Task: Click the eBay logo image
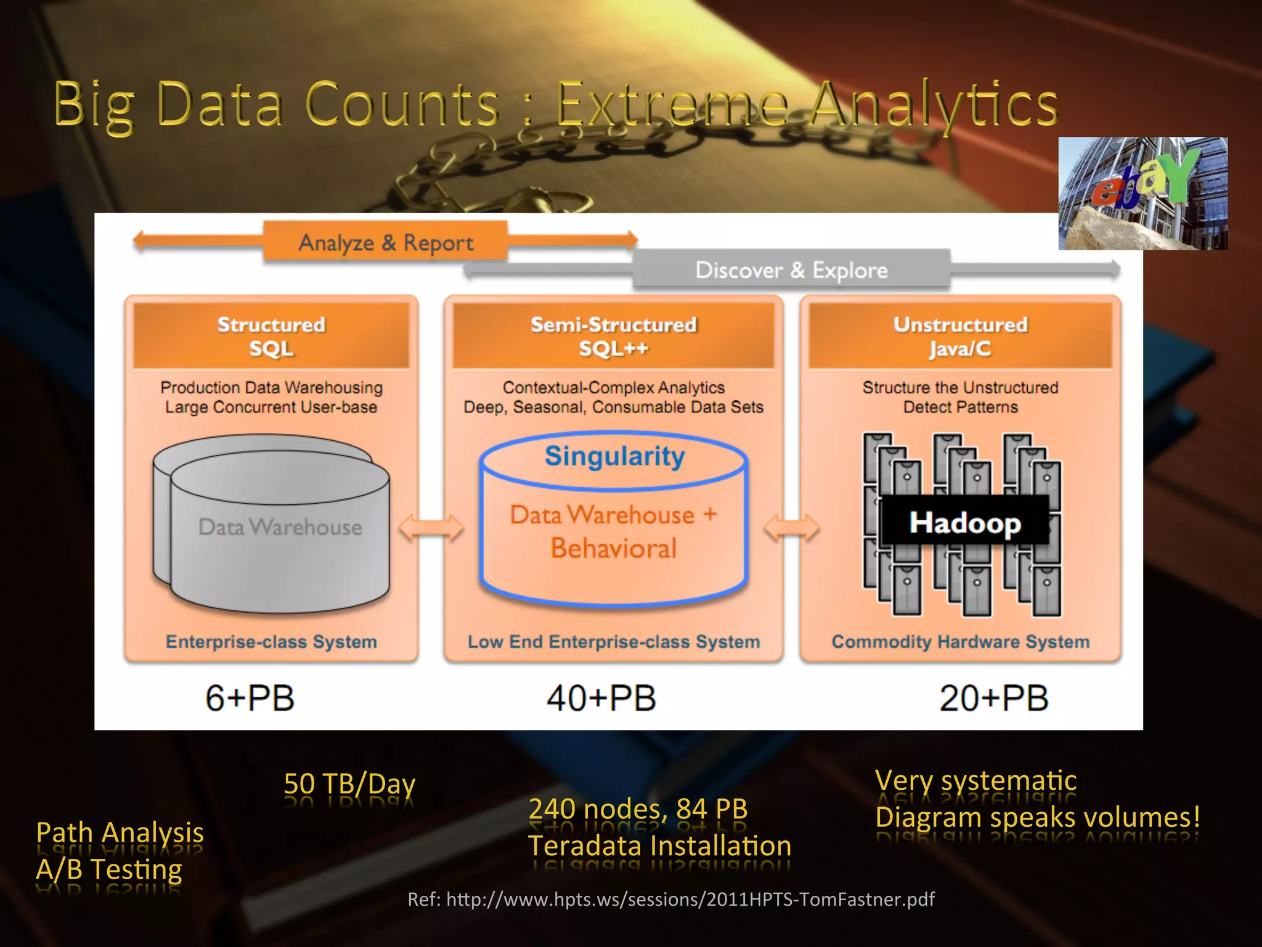pyautogui.click(x=1142, y=193)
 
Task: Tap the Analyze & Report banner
pyautogui.click(x=386, y=242)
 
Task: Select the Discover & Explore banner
pyautogui.click(x=791, y=270)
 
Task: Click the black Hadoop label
pyautogui.click(x=965, y=522)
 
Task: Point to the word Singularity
pyautogui.click(x=614, y=456)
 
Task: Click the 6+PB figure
pyautogui.click(x=250, y=698)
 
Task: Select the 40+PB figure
pyautogui.click(x=601, y=698)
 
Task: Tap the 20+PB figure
pyautogui.click(x=993, y=698)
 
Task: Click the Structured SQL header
pyautogui.click(x=271, y=336)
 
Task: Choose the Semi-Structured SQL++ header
pyautogui.click(x=613, y=336)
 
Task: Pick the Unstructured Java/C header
pyautogui.click(x=960, y=336)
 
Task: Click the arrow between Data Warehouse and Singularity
pyautogui.click(x=431, y=528)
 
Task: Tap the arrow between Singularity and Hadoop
pyautogui.click(x=791, y=528)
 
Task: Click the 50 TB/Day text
pyautogui.click(x=349, y=784)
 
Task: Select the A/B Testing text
pyautogui.click(x=109, y=869)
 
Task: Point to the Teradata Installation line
pyautogui.click(x=659, y=846)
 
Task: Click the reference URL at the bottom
pyautogui.click(x=671, y=899)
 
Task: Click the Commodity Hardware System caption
pyautogui.click(x=960, y=641)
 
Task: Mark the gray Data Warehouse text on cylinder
pyautogui.click(x=280, y=527)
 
